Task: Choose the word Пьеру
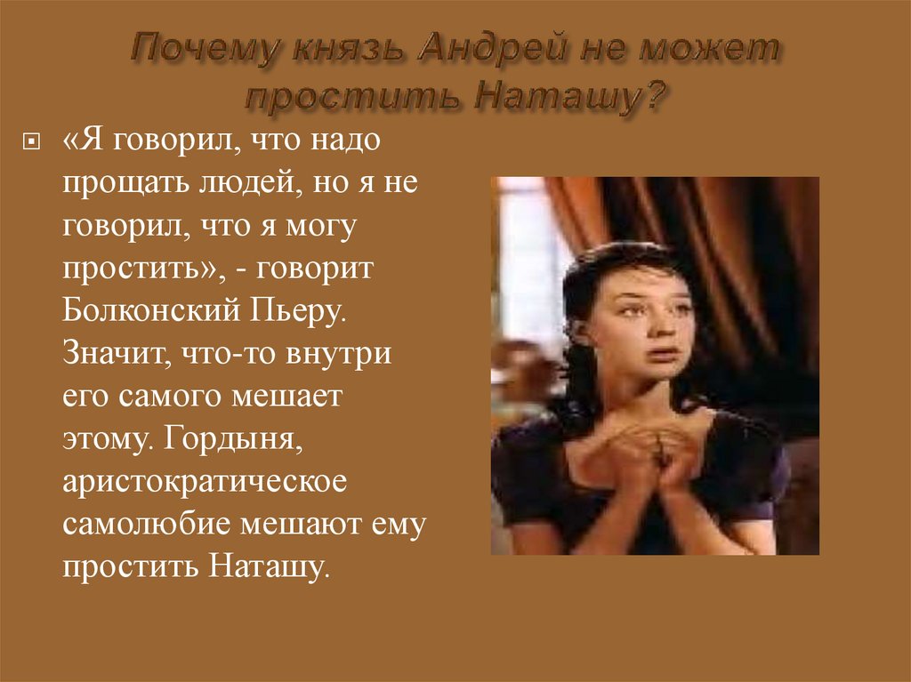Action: coord(295,311)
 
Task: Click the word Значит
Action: coord(111,353)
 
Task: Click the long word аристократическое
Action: coord(204,481)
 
